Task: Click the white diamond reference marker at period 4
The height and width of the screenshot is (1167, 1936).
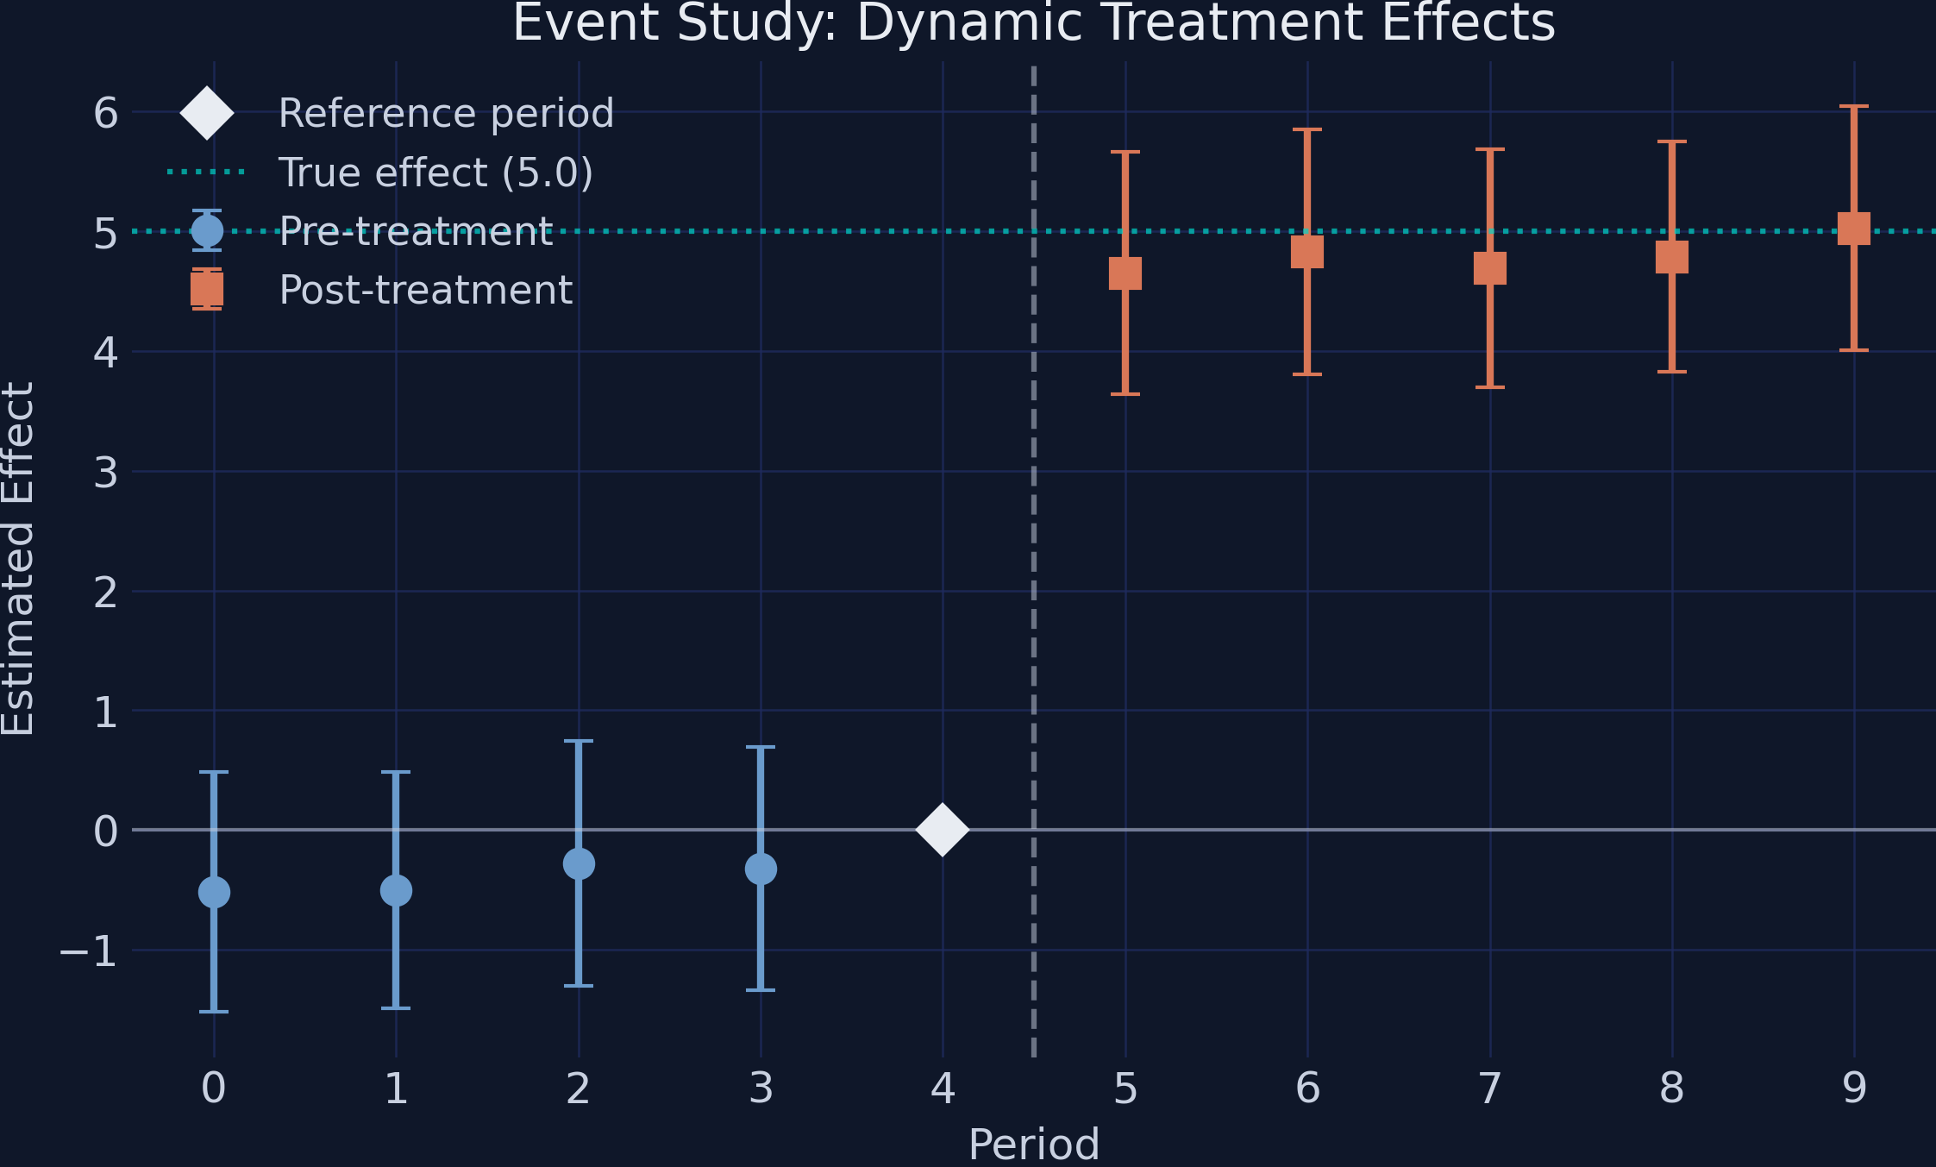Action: [943, 830]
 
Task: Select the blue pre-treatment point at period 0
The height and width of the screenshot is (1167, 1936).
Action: [214, 892]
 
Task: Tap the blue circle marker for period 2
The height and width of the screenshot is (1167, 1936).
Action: [579, 863]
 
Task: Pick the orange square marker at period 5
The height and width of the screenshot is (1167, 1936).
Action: [1125, 273]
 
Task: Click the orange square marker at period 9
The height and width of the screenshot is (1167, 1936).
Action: [1854, 229]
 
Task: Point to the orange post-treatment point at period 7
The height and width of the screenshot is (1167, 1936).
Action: [1490, 268]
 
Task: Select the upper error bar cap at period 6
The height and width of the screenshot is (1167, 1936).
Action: [1307, 130]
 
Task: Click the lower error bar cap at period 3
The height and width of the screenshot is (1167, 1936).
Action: [761, 989]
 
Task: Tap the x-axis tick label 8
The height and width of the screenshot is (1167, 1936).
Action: [1671, 1089]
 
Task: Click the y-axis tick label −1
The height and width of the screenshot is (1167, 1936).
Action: [88, 951]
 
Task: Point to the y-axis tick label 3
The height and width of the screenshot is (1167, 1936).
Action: [105, 473]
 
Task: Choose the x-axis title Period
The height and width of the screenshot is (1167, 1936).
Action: [1033, 1145]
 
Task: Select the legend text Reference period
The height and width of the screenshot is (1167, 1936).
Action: [446, 114]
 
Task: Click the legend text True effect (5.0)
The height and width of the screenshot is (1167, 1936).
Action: [435, 173]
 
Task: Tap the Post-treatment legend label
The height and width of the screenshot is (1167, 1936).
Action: [426, 290]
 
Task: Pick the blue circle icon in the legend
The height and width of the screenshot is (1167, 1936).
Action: [207, 231]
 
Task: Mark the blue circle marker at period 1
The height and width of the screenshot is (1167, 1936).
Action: [396, 890]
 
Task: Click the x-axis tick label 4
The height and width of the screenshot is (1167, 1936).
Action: [943, 1089]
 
